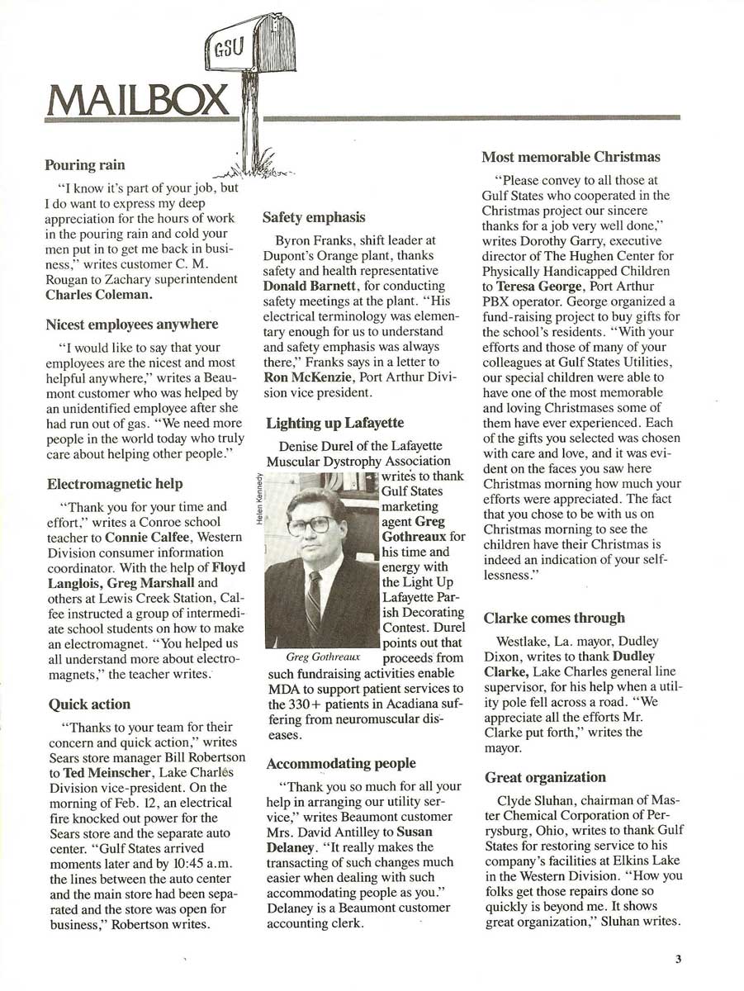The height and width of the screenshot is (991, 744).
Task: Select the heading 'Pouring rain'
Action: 84,165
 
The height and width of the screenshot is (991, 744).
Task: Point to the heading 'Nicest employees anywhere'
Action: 131,325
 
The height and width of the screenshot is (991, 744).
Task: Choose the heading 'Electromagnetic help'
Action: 115,483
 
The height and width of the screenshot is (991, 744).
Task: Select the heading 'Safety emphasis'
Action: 314,217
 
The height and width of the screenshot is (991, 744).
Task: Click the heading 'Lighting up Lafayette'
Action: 334,424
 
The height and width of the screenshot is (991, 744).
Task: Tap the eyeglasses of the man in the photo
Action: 312,524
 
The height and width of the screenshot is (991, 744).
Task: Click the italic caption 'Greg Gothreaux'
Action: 323,657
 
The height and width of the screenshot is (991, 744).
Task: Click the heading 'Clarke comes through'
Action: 553,618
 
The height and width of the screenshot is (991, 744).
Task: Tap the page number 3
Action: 677,959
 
